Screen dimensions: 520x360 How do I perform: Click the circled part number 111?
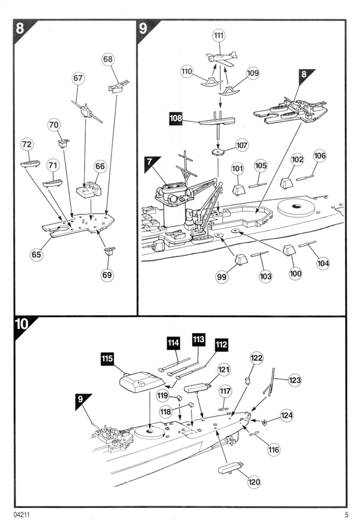tap(218, 36)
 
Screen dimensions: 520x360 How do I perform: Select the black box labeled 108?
tap(176, 119)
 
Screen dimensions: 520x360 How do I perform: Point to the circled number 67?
tap(78, 79)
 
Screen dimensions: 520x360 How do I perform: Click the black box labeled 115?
tap(107, 359)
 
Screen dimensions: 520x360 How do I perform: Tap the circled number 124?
tap(286, 415)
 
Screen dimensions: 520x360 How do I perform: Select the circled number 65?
tap(37, 254)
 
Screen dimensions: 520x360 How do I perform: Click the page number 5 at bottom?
tap(346, 513)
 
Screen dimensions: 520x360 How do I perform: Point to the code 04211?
tap(22, 513)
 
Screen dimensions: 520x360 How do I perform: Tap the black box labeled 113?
tap(199, 339)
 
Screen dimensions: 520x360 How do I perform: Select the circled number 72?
tap(27, 144)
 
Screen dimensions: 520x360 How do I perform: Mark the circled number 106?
tap(320, 156)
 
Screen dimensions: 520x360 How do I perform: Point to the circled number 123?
tap(295, 380)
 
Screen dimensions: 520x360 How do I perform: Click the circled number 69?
tap(107, 274)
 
